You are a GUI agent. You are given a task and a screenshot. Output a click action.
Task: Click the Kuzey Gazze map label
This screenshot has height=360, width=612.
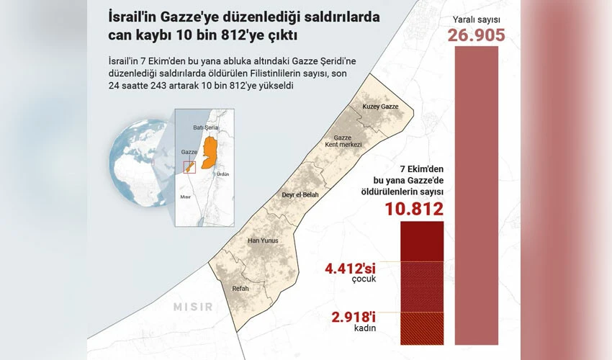380,107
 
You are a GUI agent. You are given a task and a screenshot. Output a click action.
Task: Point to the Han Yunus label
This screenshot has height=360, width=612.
262,240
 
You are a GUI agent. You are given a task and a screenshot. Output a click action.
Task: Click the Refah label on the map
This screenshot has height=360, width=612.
240,289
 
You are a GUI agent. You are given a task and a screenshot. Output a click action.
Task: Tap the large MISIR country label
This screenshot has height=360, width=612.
192,307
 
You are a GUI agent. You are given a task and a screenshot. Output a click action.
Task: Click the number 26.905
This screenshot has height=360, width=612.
476,35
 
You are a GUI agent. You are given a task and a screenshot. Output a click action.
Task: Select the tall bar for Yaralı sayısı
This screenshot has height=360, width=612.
476,194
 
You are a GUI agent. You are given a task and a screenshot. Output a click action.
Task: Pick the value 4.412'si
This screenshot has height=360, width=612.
350,269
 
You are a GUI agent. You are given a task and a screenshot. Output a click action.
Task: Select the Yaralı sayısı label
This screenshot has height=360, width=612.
476,19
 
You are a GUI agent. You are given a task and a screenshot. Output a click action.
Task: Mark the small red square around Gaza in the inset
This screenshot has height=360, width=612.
190,167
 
